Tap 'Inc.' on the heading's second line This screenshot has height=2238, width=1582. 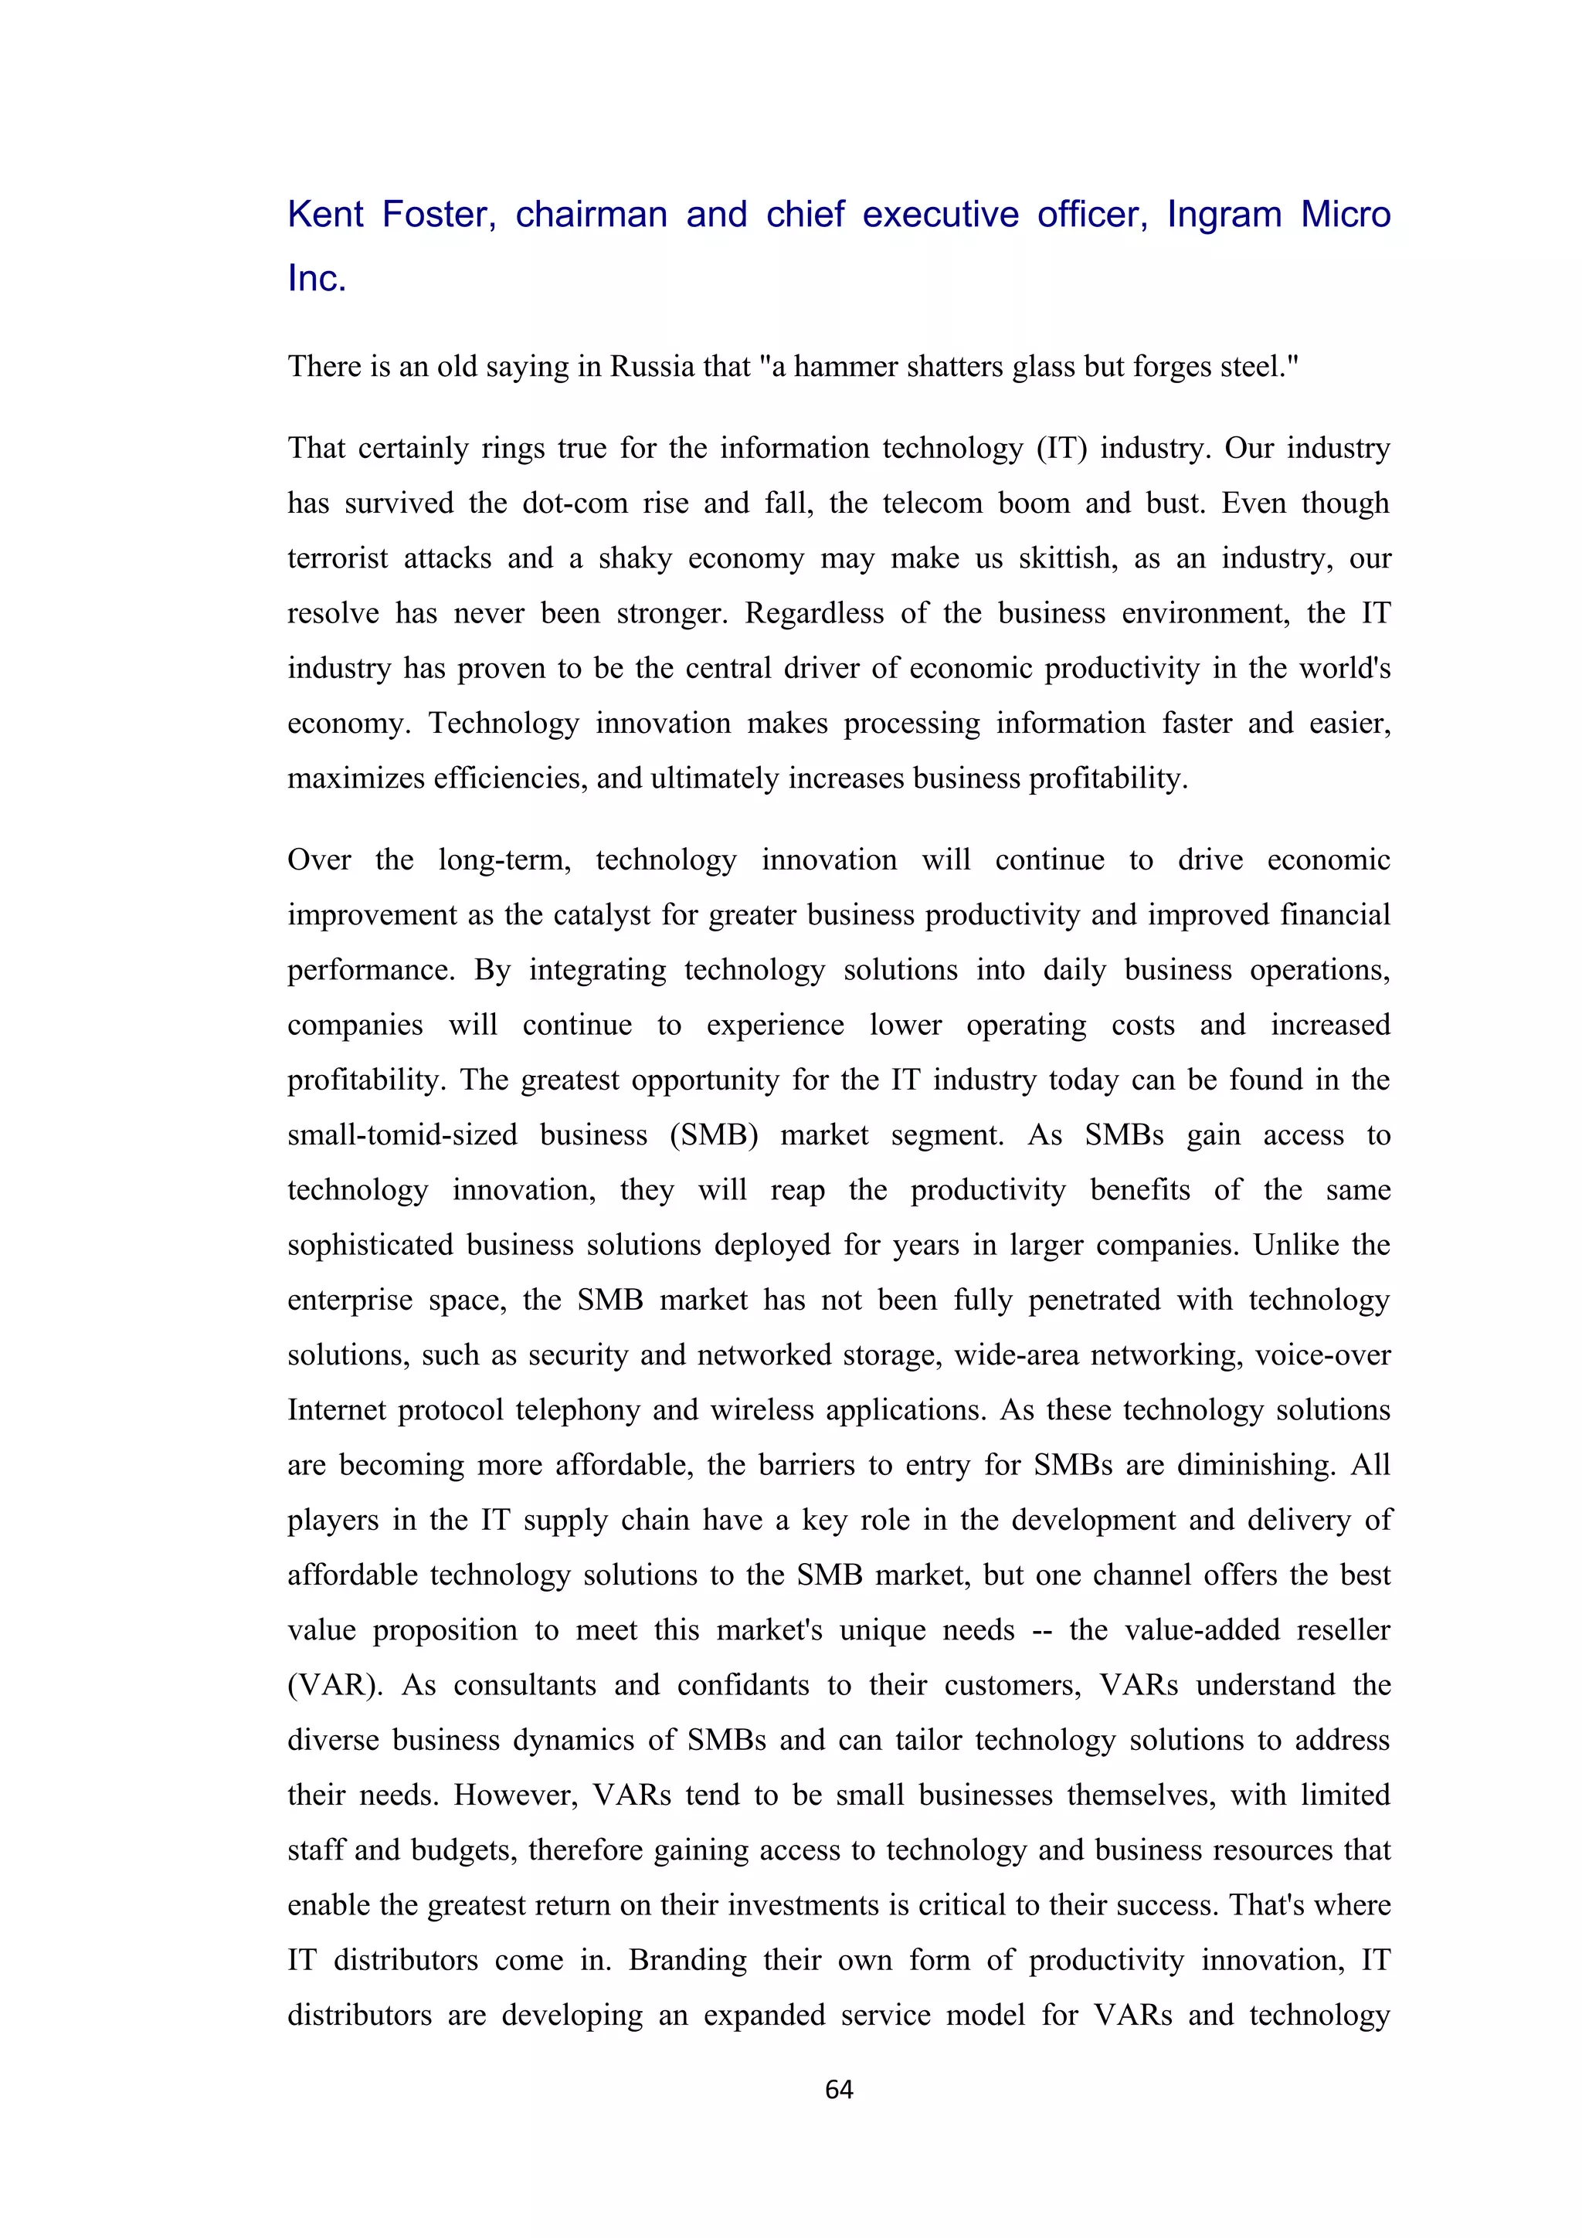(317, 279)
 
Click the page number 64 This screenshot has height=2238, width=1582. (838, 2089)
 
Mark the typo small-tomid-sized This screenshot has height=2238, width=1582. (402, 1135)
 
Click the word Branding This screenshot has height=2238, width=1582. (687, 1960)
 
